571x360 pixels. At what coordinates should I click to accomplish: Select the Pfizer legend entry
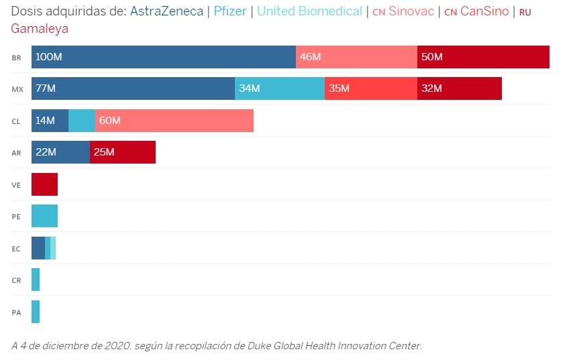click(230, 11)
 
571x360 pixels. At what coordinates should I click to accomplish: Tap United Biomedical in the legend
click(309, 11)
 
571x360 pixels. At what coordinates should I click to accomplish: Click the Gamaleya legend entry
click(40, 29)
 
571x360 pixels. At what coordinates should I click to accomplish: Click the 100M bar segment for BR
click(163, 57)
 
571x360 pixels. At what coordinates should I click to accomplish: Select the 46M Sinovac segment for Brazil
click(356, 57)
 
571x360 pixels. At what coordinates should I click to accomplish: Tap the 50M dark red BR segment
click(483, 57)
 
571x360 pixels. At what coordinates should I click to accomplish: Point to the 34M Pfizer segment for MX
click(280, 88)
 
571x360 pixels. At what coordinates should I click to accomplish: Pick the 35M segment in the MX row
click(371, 88)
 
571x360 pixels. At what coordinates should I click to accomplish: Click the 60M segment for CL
click(174, 121)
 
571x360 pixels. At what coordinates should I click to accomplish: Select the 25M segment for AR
click(123, 152)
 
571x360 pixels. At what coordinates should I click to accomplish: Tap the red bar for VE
click(44, 184)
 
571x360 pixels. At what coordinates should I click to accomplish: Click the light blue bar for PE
click(44, 216)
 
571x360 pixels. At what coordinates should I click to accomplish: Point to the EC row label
click(16, 249)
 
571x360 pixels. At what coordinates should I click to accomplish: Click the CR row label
click(16, 280)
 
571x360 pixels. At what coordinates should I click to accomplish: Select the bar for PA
click(36, 312)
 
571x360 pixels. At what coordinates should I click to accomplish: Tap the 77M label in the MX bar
click(46, 88)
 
